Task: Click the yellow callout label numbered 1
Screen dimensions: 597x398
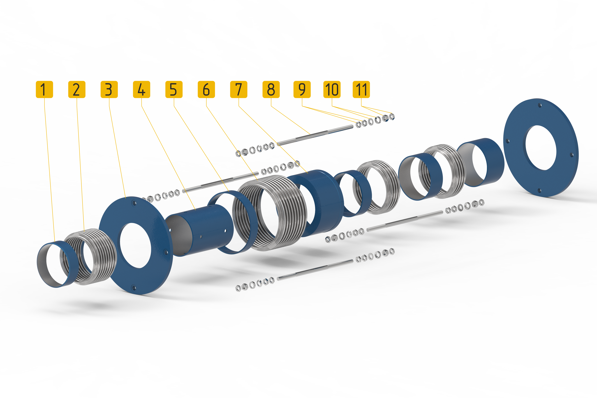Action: [x=44, y=89]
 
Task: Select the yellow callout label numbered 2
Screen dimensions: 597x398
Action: [x=77, y=89]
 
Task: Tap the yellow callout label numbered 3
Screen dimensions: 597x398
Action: [x=109, y=89]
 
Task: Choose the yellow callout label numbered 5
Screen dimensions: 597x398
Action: [x=174, y=89]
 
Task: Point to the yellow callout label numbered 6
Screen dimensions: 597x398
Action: [x=206, y=89]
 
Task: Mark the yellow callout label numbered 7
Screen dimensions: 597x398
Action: [x=239, y=89]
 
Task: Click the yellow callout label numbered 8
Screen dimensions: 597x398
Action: [x=271, y=89]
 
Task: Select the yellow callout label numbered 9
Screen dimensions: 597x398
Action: [x=302, y=89]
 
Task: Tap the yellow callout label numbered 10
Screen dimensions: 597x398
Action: [x=332, y=89]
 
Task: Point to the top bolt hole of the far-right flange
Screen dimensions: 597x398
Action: [x=540, y=105]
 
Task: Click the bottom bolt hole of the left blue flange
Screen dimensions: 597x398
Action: [x=134, y=288]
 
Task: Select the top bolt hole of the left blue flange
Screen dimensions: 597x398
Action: [x=134, y=203]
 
